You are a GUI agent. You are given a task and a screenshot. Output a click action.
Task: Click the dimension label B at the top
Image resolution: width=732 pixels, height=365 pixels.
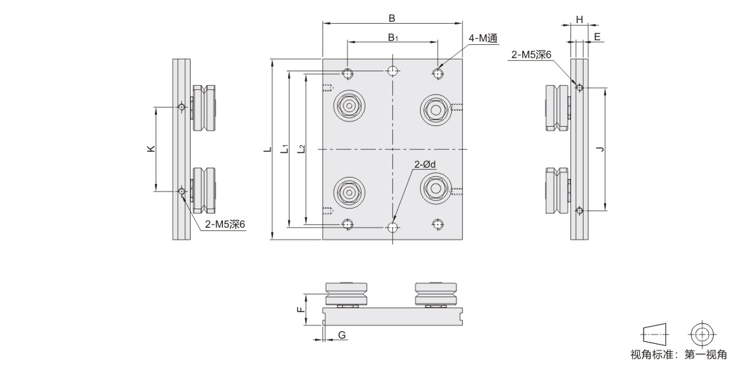click(x=392, y=18)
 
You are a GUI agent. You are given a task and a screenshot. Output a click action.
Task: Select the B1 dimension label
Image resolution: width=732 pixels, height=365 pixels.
click(x=392, y=37)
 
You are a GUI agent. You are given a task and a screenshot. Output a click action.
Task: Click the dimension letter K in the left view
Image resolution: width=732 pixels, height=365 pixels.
click(x=150, y=149)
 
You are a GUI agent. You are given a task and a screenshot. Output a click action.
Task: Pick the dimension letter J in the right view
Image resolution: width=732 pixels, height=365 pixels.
click(x=599, y=149)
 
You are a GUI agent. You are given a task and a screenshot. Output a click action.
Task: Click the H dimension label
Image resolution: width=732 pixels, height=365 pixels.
click(x=579, y=20)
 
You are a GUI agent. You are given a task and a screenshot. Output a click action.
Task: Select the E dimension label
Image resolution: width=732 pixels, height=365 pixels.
click(x=597, y=37)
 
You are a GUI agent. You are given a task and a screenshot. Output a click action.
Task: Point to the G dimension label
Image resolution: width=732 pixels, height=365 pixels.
click(x=342, y=336)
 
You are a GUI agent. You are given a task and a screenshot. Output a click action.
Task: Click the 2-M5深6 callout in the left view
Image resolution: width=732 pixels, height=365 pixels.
click(x=225, y=224)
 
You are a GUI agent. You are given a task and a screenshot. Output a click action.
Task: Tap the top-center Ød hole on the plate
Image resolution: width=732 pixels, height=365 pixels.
click(x=393, y=71)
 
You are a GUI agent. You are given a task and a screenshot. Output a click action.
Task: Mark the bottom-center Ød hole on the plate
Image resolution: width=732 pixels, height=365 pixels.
click(x=393, y=227)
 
